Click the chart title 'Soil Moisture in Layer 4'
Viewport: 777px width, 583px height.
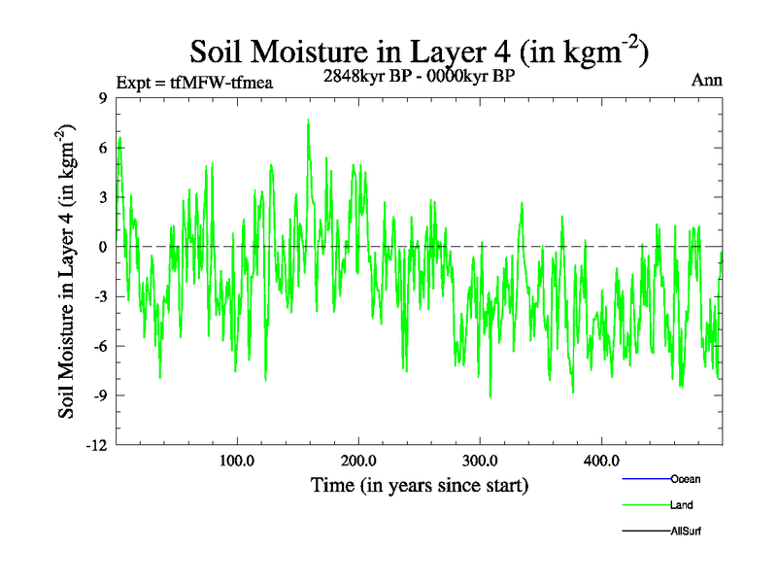pos(419,51)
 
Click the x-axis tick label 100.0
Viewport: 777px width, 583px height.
pos(237,462)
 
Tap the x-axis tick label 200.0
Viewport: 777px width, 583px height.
pos(358,462)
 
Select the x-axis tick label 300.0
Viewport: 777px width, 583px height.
pos(481,462)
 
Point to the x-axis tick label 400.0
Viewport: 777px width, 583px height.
pos(602,462)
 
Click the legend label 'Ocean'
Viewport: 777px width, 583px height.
pos(686,479)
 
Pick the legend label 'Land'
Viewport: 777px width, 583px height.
pos(682,505)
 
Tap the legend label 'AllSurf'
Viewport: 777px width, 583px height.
pos(686,531)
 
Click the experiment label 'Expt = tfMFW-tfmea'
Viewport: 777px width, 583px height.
pos(194,83)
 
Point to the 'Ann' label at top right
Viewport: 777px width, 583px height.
pos(706,81)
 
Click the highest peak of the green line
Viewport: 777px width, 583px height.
pos(308,120)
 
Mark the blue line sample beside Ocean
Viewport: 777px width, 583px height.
pos(646,479)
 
